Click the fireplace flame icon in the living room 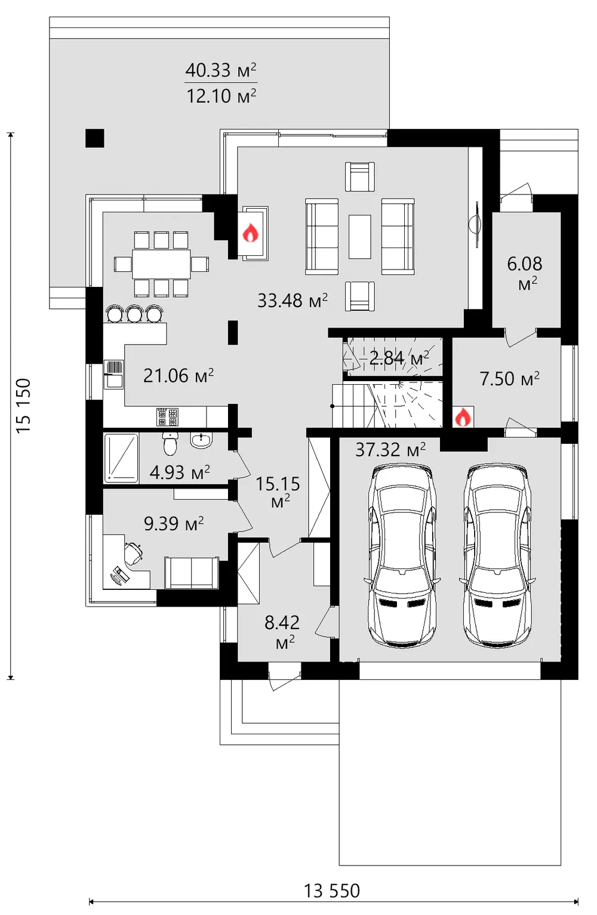pos(250,233)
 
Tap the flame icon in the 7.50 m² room pos(463,417)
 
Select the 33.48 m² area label pos(293,301)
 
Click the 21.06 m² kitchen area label pos(179,376)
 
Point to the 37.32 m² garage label pos(390,450)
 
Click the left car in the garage pos(402,556)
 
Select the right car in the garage pos(497,556)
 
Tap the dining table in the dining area pos(161,264)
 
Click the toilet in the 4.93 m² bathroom pos(170,444)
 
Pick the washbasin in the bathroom pos(201,440)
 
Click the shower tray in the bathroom pos(121,457)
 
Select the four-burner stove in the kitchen pos(167,417)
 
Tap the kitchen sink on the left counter pos(113,375)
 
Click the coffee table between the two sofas pos(360,237)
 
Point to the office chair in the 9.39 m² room pos(133,553)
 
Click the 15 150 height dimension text pos(23,406)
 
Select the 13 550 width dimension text pos(331,891)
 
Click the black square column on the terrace pos(95,138)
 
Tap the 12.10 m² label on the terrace pos(221,97)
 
